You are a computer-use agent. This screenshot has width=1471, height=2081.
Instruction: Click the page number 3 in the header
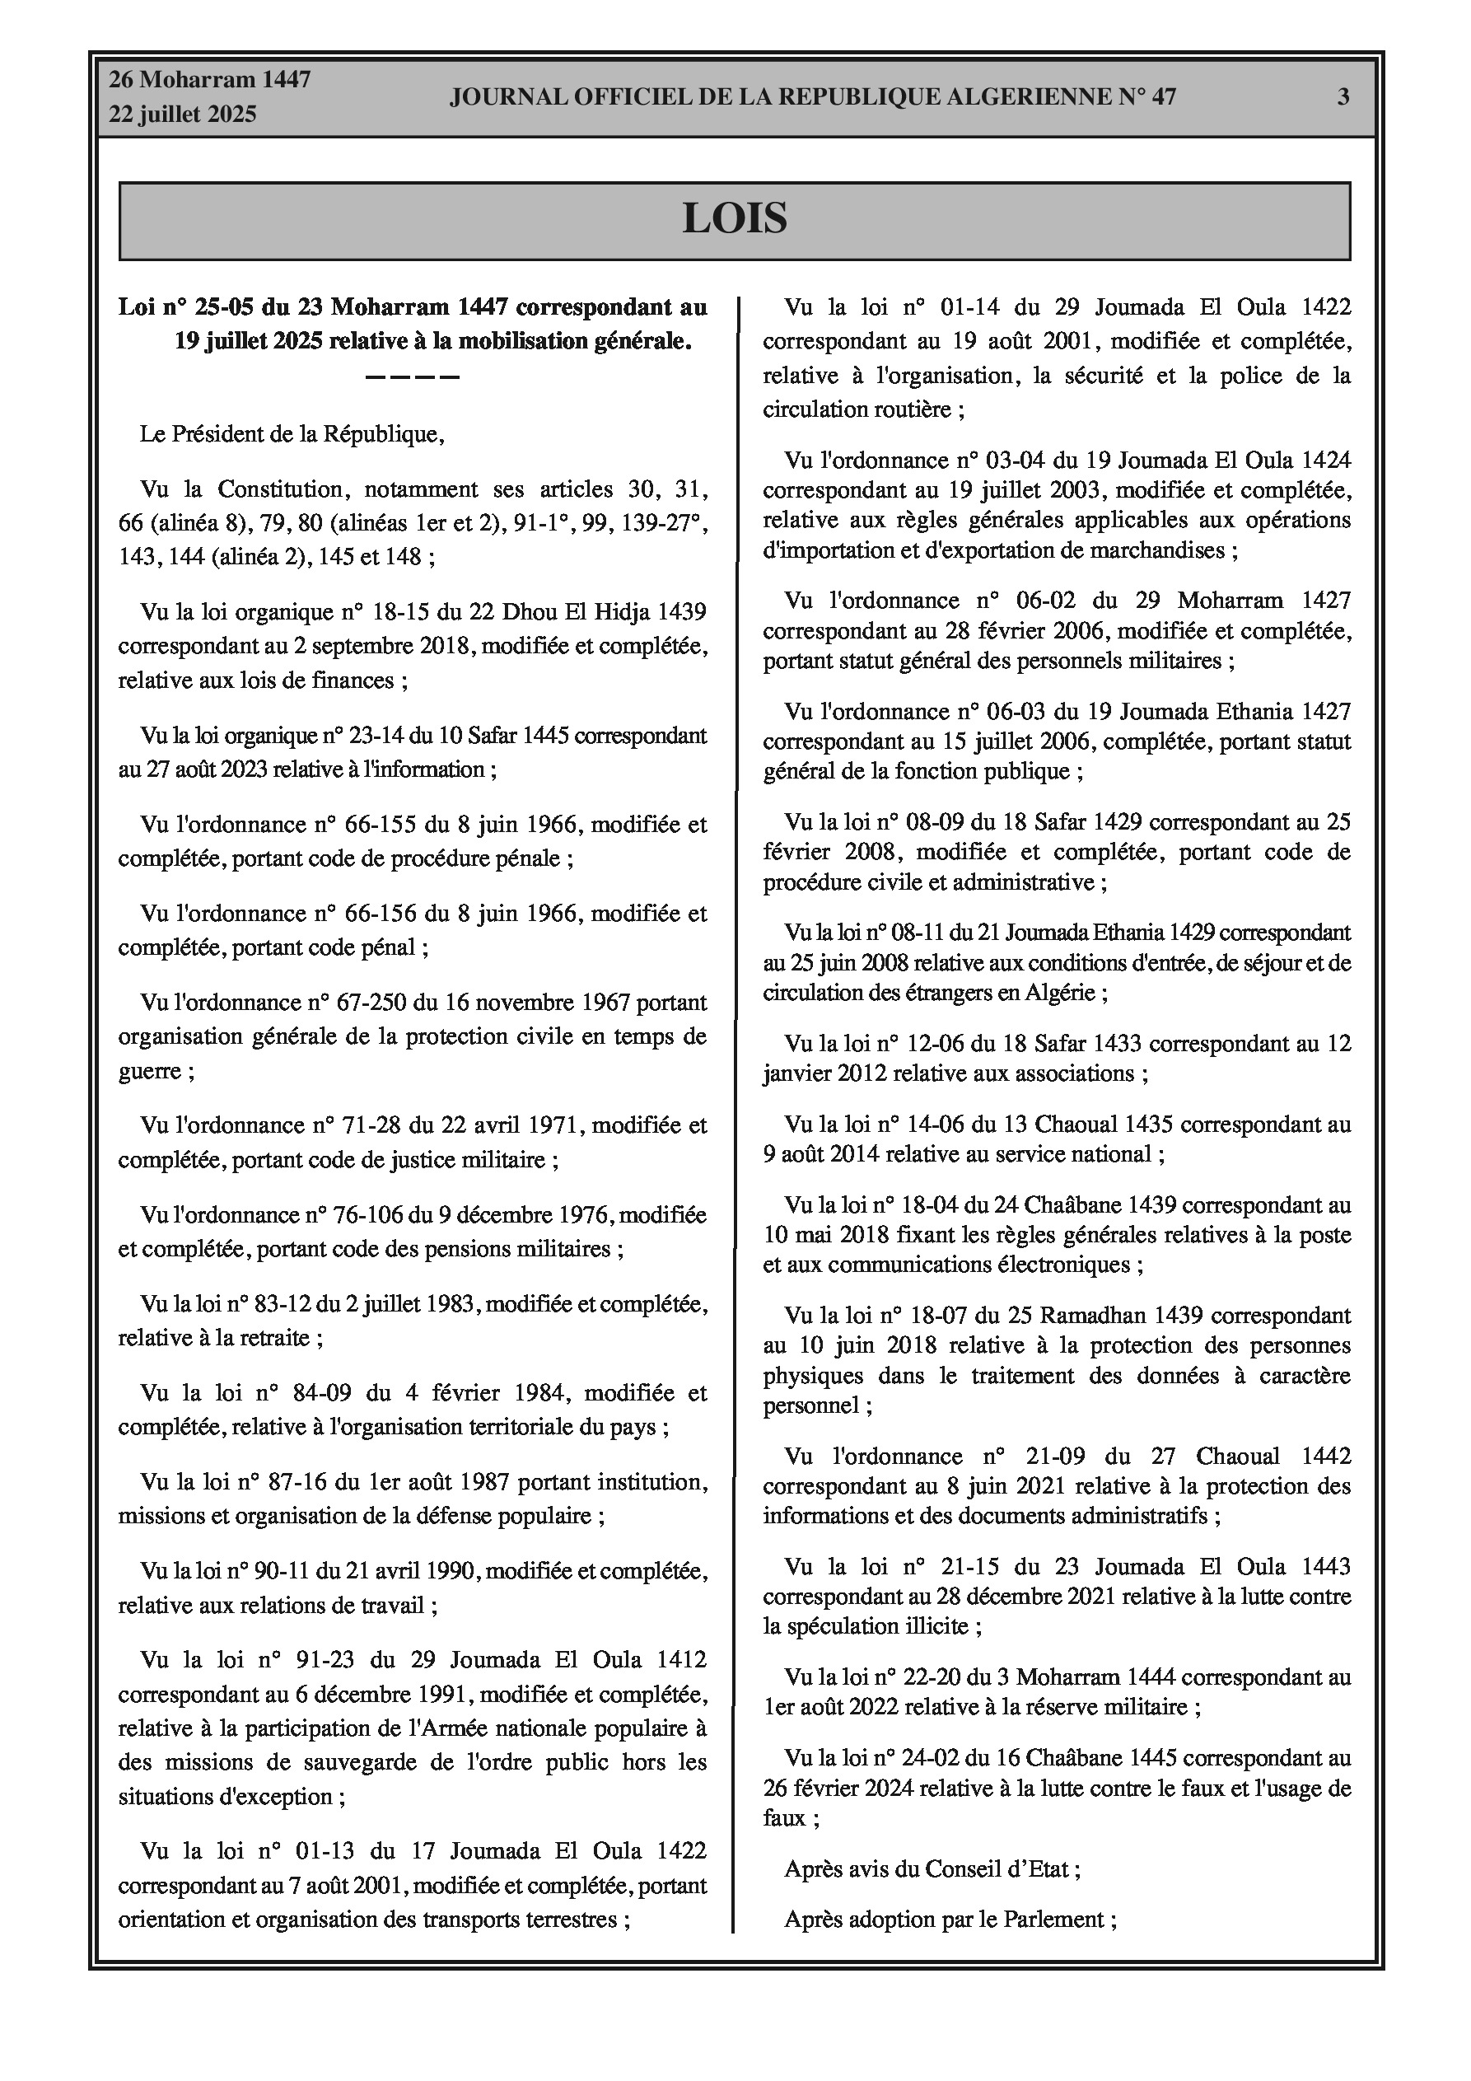pos(1343,97)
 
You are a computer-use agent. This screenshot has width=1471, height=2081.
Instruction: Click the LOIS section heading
pos(734,218)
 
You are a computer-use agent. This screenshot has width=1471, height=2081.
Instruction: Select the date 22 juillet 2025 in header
pos(183,115)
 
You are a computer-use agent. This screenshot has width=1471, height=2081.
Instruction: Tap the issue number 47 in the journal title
pos(1163,97)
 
